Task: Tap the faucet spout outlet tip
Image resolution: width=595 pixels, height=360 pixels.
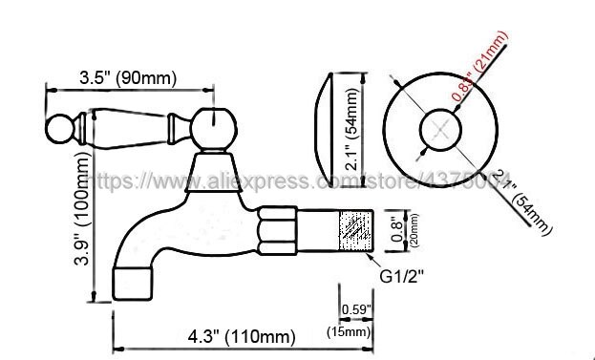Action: coord(133,284)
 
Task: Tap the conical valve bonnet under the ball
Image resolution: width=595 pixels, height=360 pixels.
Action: coord(218,172)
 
